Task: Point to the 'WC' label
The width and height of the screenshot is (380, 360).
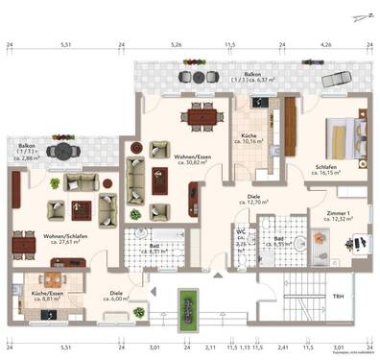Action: click(x=242, y=235)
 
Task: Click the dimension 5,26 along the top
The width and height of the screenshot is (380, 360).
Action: click(x=176, y=44)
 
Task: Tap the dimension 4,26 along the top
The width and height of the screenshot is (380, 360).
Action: click(x=325, y=44)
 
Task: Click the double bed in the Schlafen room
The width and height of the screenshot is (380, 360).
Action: click(x=341, y=133)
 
